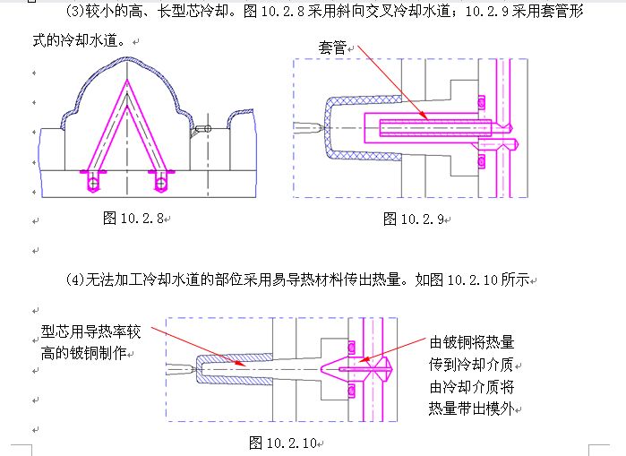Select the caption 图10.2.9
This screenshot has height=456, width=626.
414,219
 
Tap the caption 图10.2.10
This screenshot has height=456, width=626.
285,442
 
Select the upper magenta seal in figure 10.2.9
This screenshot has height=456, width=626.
480,99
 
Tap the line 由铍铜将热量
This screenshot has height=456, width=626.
472,343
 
